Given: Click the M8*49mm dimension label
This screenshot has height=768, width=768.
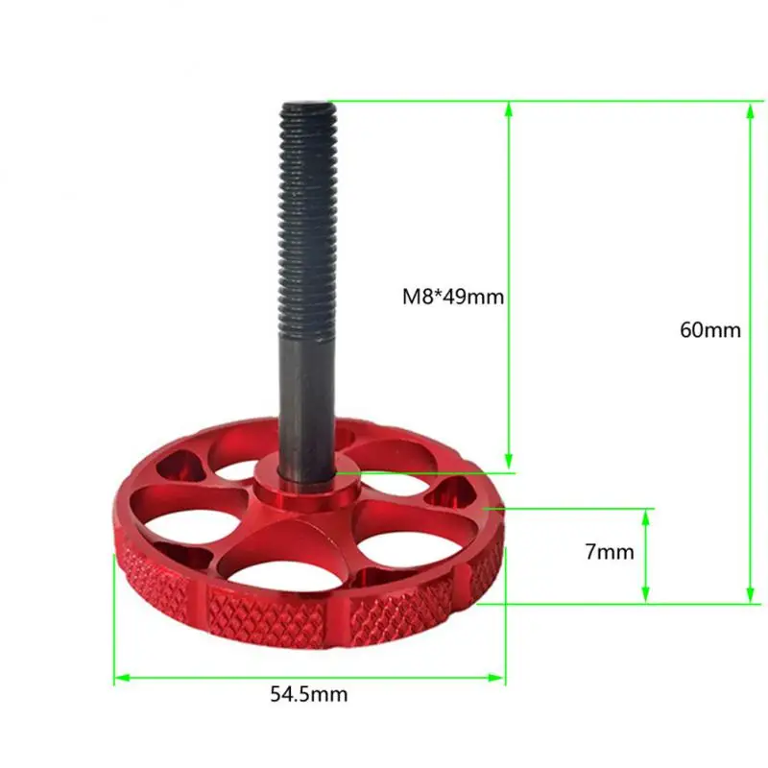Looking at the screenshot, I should pos(453,297).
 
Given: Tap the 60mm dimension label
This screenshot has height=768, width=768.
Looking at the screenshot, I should pos(710,329).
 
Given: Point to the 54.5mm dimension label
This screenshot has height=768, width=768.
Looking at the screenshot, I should pos(308,693).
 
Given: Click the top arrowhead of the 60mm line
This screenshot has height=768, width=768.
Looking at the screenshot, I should pos(750,108).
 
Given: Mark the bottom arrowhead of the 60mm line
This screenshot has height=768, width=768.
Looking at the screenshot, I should pos(750,596).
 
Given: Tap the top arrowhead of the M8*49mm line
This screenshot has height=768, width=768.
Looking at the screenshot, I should pos(509,108).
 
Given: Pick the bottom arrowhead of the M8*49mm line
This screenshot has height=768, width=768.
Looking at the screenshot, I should pos(509,465).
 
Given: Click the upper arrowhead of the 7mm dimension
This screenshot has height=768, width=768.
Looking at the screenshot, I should pos(645,516).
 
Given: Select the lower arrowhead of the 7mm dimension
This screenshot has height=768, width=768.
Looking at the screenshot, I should pos(645,596).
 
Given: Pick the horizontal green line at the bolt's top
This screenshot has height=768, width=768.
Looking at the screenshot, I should pos(538,100).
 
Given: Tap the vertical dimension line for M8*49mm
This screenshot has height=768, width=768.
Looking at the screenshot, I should pos(509,384).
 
